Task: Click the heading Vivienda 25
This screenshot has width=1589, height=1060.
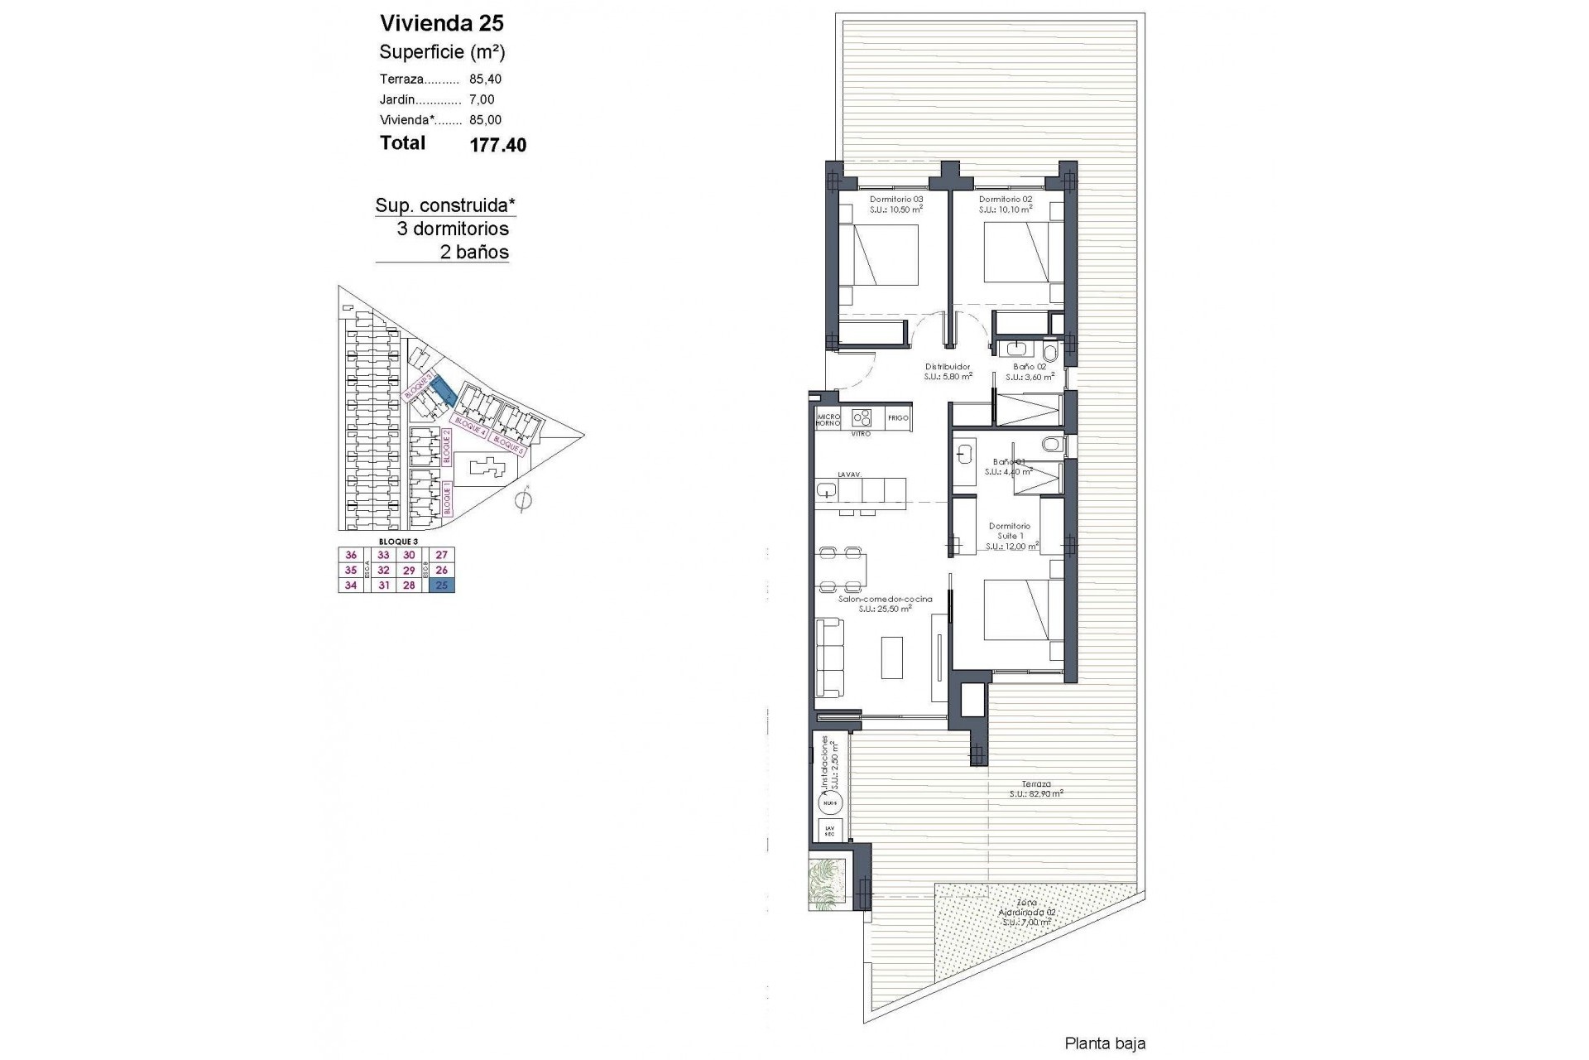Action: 441,23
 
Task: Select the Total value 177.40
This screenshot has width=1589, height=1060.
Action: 497,146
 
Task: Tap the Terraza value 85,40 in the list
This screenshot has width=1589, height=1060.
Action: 485,79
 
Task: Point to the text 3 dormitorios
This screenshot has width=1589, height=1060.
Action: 453,229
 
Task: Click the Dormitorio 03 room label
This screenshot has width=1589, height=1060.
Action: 895,200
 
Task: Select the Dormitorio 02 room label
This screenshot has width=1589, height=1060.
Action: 1006,200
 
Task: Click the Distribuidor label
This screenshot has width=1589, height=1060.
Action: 947,367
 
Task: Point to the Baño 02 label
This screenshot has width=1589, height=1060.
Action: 1030,367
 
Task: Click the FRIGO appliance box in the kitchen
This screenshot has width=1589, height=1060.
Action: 898,419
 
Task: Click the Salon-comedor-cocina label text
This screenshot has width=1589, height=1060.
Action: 885,600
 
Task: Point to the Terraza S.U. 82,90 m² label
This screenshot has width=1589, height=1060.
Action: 1035,788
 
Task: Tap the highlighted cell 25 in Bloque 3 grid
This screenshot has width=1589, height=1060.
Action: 442,585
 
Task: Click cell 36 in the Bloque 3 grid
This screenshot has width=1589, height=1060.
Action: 351,556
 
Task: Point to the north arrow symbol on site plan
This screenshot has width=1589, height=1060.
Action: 522,500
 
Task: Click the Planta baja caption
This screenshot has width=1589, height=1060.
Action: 1104,1044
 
